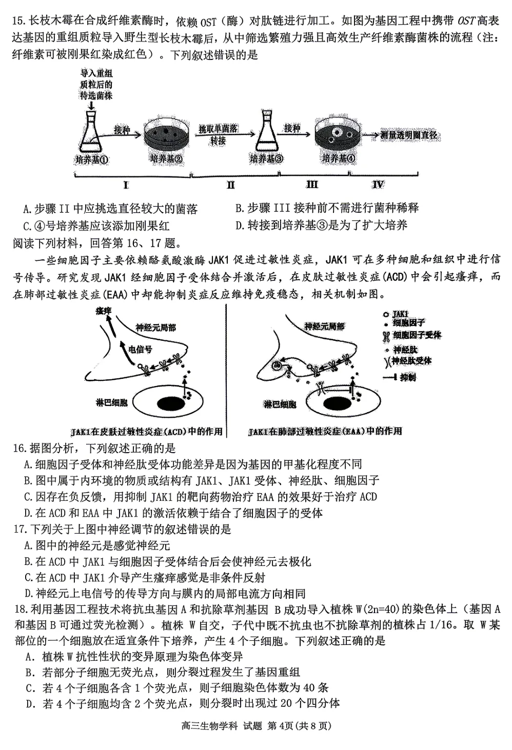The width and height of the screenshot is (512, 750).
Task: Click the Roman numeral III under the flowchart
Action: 311,185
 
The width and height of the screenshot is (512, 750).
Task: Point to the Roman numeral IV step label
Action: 378,185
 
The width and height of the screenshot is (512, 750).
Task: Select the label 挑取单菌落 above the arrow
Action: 218,129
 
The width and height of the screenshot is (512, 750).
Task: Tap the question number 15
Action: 19,21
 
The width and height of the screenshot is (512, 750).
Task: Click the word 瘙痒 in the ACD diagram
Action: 104,311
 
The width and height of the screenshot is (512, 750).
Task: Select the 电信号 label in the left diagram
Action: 141,350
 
